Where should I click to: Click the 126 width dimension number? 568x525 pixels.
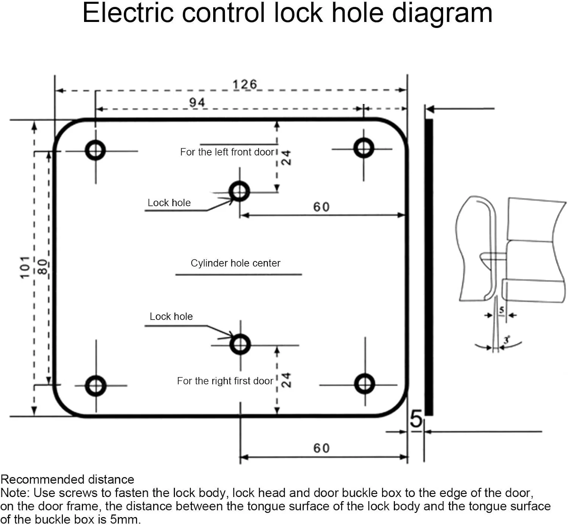[x=245, y=84]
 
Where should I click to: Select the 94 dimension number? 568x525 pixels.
[x=197, y=102]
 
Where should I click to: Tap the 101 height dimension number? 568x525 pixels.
[x=25, y=267]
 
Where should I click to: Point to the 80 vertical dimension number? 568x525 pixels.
[x=43, y=267]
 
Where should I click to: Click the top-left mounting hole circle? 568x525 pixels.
[x=95, y=151]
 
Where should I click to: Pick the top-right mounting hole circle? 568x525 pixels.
[x=364, y=148]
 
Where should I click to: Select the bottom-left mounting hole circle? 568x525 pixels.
[x=96, y=386]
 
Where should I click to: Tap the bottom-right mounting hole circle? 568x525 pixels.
[x=365, y=384]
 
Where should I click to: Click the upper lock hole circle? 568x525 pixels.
[x=239, y=191]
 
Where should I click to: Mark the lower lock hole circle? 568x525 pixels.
[x=240, y=344]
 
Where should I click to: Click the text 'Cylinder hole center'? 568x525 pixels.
[x=236, y=263]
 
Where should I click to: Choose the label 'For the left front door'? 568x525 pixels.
[x=227, y=152]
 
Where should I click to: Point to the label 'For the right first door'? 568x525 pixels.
[x=225, y=381]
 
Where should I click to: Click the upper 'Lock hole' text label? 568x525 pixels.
[x=169, y=203]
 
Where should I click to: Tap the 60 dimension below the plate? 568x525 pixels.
[x=321, y=448]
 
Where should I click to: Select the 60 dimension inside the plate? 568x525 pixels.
[x=321, y=207]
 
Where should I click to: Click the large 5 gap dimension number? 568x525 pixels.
[x=416, y=419]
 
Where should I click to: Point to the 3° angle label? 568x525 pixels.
[x=507, y=340]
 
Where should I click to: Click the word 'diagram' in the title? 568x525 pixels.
[x=442, y=14]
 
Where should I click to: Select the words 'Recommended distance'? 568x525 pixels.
[x=67, y=480]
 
